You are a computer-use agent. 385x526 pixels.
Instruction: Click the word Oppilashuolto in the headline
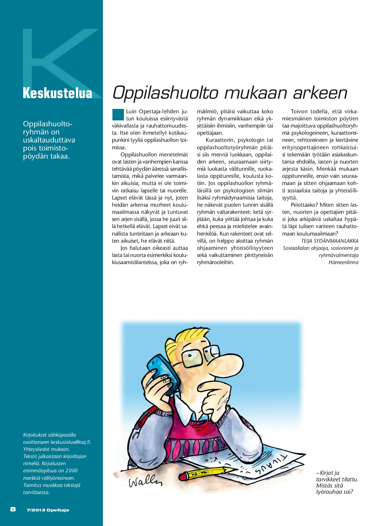(x=164, y=92)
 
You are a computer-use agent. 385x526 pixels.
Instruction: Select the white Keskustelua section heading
(x=57, y=93)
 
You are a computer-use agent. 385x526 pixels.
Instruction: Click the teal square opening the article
(x=118, y=114)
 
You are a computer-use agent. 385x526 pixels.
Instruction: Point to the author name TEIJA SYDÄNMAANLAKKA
(x=329, y=241)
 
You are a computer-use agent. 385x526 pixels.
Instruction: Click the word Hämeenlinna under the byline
(x=343, y=262)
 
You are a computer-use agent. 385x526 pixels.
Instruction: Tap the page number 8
(x=13, y=509)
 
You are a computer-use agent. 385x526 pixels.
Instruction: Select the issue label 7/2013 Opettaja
(x=48, y=510)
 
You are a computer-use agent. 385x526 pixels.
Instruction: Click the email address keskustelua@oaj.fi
(x=71, y=442)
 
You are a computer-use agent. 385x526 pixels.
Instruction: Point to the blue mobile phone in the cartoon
(x=163, y=374)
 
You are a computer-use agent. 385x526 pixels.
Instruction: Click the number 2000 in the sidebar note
(x=71, y=470)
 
